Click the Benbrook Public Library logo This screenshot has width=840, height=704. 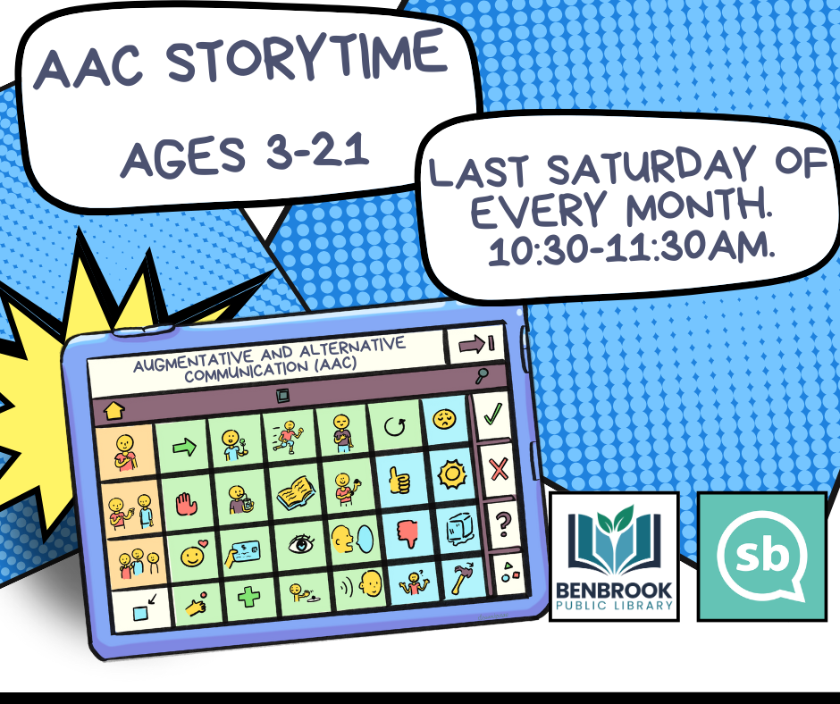pos(613,556)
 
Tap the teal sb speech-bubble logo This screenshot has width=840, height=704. pos(761,556)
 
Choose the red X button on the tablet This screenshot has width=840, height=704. pos(500,467)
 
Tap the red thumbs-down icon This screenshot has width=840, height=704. pos(404,532)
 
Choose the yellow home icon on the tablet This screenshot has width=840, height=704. pos(114,412)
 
